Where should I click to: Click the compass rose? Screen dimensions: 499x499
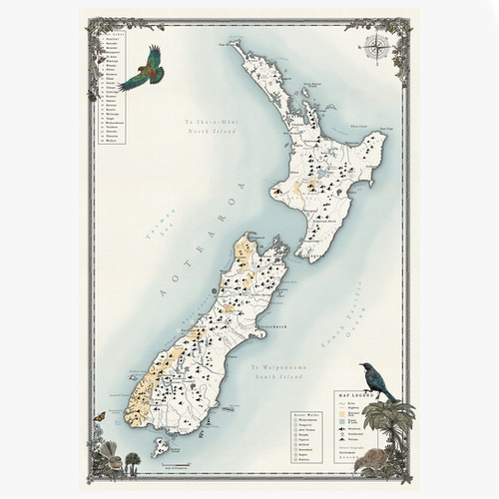(378, 44)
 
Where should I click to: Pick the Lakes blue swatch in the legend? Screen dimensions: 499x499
(343, 422)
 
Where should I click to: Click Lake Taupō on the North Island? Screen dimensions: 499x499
(323, 185)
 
